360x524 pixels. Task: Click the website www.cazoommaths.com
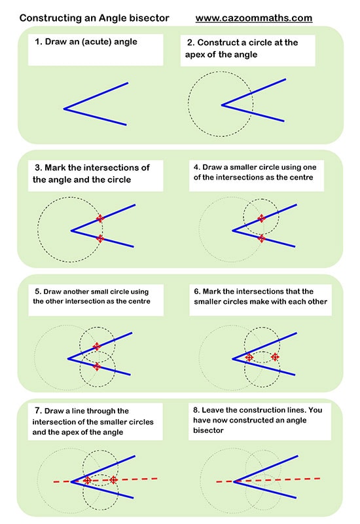(x=253, y=18)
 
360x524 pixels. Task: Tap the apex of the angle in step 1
(x=65, y=108)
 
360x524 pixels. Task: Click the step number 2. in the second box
(x=190, y=43)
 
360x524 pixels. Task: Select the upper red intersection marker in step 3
(x=99, y=218)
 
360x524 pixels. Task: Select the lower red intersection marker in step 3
(x=99, y=238)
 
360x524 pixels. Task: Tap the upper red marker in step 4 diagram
(x=261, y=218)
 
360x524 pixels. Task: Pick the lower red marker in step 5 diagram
(x=97, y=366)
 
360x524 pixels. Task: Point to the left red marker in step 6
(x=249, y=357)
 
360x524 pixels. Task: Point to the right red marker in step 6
(x=275, y=357)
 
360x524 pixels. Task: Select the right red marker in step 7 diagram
(x=113, y=480)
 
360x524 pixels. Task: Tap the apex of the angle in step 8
(x=234, y=481)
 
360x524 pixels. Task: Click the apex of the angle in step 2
(x=222, y=104)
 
